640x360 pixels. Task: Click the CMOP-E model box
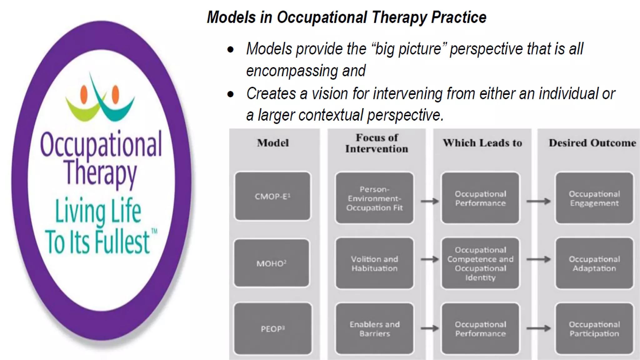coord(272,196)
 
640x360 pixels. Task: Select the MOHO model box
coord(272,263)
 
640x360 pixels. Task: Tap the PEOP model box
coord(272,328)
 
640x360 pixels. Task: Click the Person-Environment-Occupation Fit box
coord(374,198)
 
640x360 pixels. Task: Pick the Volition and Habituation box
coord(374,263)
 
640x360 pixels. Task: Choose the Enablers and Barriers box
coord(374,328)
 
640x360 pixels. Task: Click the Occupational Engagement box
coord(594,198)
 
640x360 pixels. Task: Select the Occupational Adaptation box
coord(594,263)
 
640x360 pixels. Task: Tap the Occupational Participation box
coord(594,328)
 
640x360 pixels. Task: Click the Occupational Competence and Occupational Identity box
coord(480,263)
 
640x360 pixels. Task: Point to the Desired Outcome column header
coord(592,143)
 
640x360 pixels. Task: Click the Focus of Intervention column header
coord(377,143)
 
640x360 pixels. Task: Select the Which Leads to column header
coord(482,143)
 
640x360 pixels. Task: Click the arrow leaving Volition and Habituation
coord(430,259)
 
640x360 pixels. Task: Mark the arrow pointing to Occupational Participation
coord(538,328)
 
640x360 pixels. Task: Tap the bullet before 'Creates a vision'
coord(231,94)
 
